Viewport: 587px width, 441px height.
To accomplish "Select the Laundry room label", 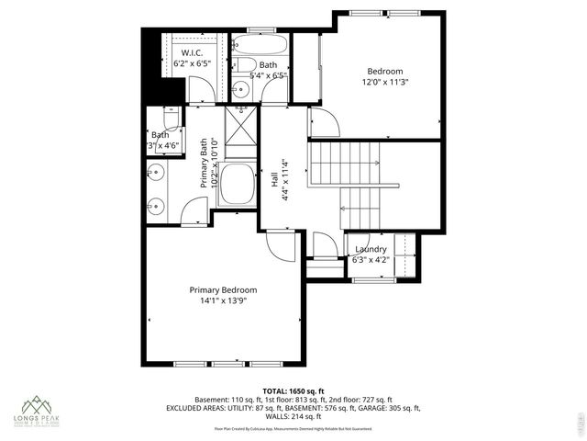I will point(370,249).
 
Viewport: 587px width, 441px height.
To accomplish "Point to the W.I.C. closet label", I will point(192,53).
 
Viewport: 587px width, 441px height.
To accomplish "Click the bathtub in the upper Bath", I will point(260,44).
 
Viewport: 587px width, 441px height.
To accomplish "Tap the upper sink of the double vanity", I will point(154,172).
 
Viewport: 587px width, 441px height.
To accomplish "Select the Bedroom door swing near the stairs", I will point(323,122).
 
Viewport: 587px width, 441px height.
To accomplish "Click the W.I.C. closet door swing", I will point(201,90).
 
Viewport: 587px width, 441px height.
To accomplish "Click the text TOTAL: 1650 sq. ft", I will point(293,390).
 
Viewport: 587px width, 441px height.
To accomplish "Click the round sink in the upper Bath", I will point(239,89).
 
